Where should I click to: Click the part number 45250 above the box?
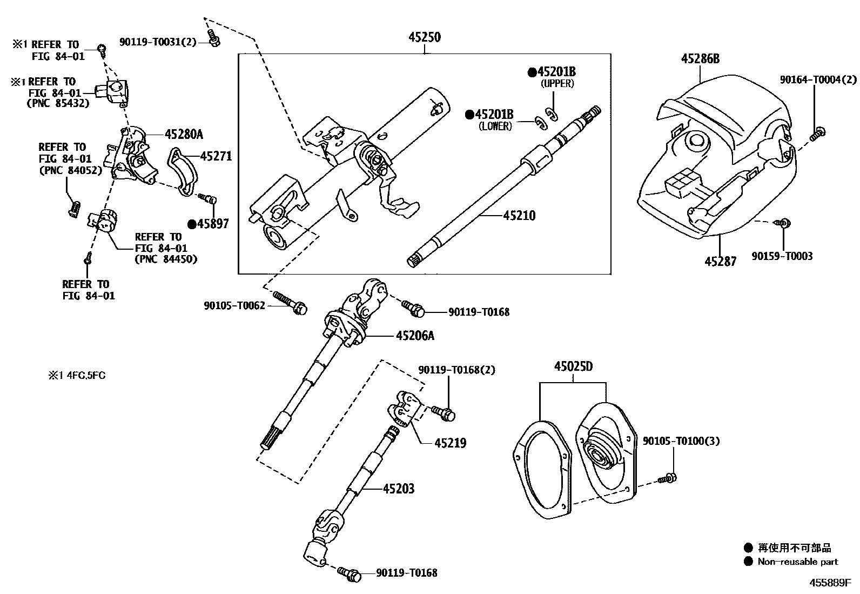[424, 37]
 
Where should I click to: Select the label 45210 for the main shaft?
[519, 216]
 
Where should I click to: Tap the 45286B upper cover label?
[700, 59]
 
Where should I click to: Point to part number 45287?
[720, 262]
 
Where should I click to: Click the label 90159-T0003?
[782, 256]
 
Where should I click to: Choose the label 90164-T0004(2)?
[818, 79]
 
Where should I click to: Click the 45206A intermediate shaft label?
[415, 336]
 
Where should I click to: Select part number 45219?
[450, 443]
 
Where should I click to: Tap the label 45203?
[399, 489]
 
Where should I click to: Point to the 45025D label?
[573, 366]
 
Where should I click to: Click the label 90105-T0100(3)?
[681, 441]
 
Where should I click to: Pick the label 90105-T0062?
[234, 306]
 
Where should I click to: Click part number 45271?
[216, 156]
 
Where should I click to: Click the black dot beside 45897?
[192, 223]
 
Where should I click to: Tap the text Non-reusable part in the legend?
[797, 562]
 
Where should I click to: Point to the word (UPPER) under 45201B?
[557, 84]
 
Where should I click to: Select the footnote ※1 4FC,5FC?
[76, 375]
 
